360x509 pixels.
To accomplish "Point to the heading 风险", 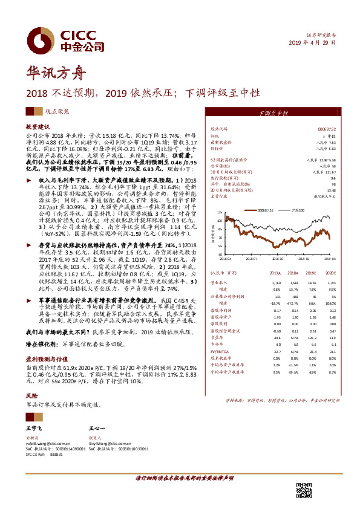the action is coord(31,395).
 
